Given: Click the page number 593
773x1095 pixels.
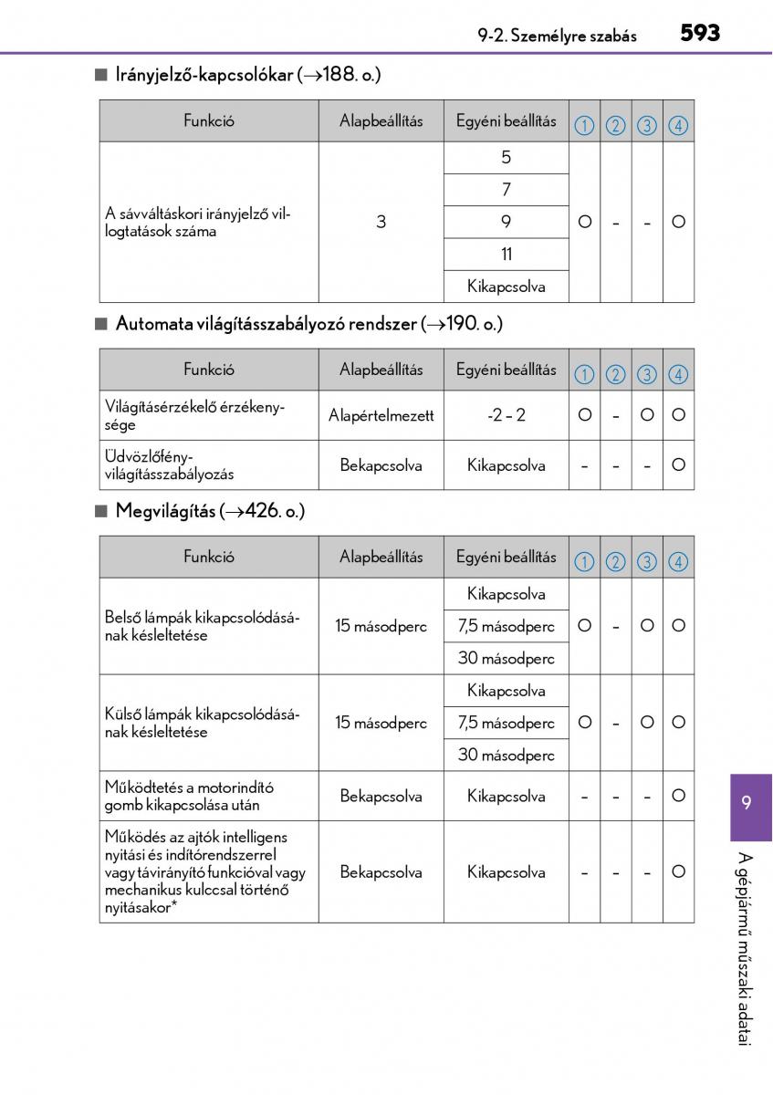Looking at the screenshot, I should [700, 34].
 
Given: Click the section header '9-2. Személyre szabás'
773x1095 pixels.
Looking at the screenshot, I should [557, 36].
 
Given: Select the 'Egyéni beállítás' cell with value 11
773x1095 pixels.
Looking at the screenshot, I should [507, 255].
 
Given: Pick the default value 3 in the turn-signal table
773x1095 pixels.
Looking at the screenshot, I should [381, 222].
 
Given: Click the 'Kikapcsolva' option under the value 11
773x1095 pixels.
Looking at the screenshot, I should [507, 287].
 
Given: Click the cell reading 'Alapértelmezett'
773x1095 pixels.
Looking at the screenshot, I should [381, 415].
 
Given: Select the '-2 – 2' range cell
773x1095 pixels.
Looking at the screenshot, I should [507, 415].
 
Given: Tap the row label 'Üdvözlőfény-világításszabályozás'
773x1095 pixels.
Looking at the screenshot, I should [170, 465].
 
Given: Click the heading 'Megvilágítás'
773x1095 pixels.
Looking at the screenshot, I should [166, 512].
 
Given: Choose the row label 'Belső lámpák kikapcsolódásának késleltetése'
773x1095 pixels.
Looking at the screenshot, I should [203, 626].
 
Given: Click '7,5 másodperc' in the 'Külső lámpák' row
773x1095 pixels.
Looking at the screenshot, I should [507, 723].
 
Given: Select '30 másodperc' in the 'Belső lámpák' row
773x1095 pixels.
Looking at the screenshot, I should [507, 658].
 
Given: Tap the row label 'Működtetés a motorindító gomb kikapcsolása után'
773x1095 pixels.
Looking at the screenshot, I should [190, 796].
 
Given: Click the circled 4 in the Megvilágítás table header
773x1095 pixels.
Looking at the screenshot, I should [677, 562].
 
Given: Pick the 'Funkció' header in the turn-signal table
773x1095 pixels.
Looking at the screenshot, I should [208, 120].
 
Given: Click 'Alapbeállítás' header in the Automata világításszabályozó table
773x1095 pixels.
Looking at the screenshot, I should [381, 370].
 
